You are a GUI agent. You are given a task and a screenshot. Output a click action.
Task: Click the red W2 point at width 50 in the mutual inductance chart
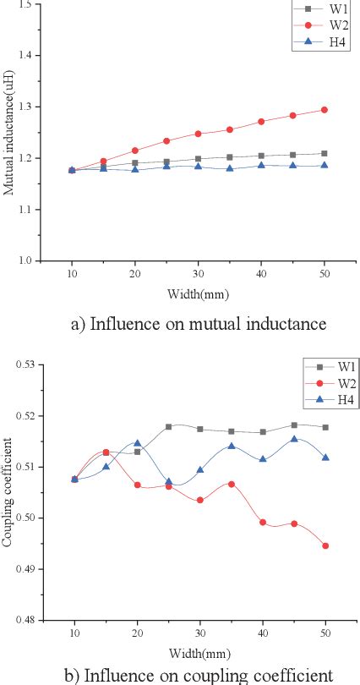tap(325, 110)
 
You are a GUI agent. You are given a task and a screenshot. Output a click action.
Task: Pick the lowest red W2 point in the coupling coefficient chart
tap(325, 545)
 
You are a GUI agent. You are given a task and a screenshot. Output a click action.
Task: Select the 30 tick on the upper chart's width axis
tap(198, 272)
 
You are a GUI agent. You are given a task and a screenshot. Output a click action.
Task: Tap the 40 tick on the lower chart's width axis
tap(262, 631)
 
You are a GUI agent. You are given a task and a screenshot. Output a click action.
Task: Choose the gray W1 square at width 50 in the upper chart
tap(325, 154)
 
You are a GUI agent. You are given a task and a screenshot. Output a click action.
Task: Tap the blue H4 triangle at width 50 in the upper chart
tap(325, 165)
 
